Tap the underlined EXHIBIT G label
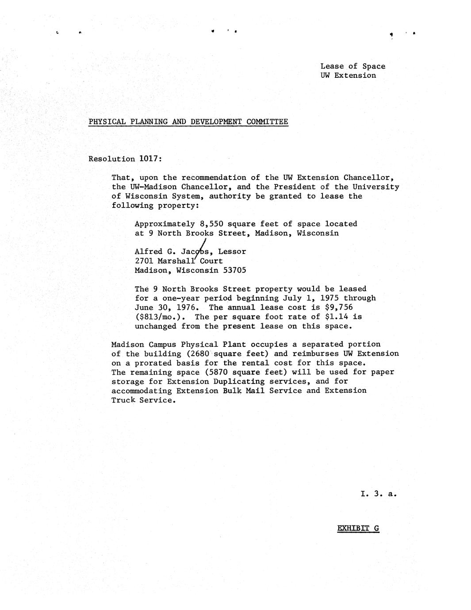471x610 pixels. click(x=358, y=528)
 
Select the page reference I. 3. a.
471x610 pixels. click(x=379, y=494)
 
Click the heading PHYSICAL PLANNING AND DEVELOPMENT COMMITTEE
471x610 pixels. click(x=188, y=122)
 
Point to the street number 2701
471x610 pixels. click(x=144, y=261)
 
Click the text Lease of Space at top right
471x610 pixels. click(x=352, y=66)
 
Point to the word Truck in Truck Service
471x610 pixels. click(x=123, y=400)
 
